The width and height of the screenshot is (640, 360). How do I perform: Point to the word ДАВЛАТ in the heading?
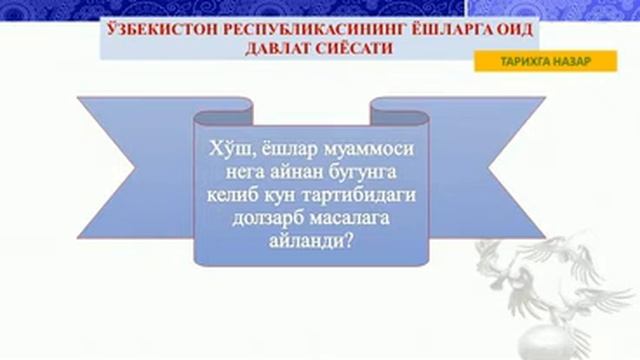(x=268, y=48)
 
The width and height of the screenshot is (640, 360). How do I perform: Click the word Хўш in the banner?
(x=225, y=150)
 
